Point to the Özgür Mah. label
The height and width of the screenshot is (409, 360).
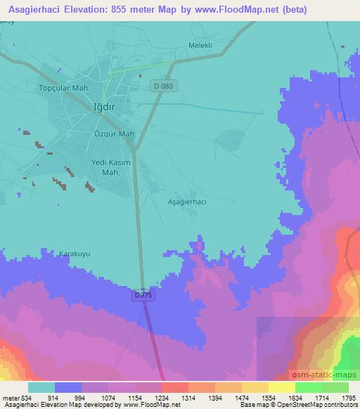(114, 132)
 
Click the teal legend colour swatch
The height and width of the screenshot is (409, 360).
(41, 387)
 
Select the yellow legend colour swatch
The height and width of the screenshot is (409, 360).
(281, 387)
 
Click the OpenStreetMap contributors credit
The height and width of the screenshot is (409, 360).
(320, 405)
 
